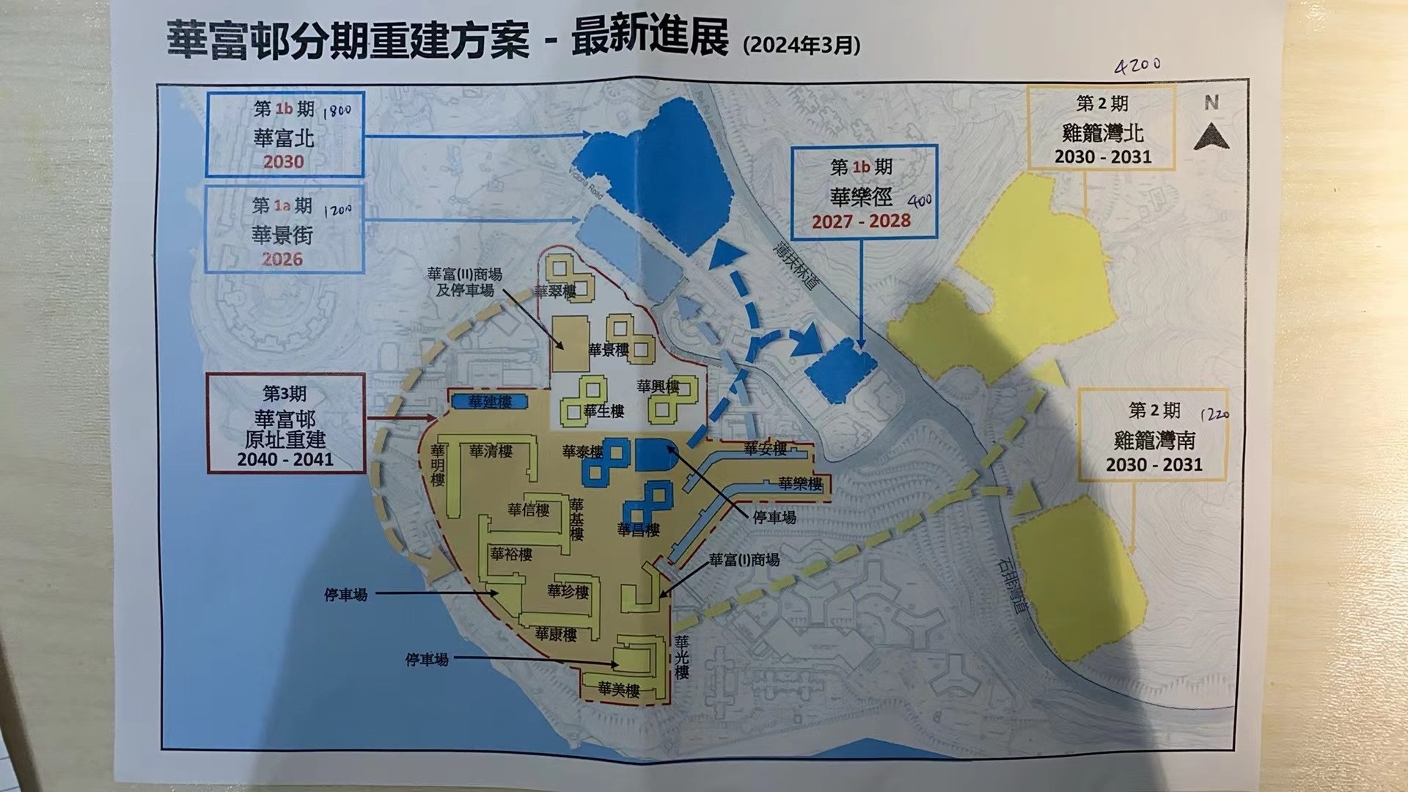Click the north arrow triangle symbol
[1211, 137]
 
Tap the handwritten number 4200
[1137, 65]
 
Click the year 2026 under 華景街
[282, 259]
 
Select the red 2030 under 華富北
[283, 161]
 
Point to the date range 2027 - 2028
[861, 221]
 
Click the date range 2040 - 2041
[285, 460]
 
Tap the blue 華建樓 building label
[489, 402]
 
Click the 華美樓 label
[618, 689]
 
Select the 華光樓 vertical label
[682, 657]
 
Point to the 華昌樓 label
[638, 529]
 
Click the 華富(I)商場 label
[744, 560]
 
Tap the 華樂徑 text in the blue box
[861, 197]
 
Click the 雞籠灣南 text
[1154, 440]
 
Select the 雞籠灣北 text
[1102, 133]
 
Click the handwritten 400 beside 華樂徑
[919, 199]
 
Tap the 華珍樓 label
[568, 591]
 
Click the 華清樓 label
[491, 451]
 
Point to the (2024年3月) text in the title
[802, 45]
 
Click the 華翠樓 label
[554, 291]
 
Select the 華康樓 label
[555, 634]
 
